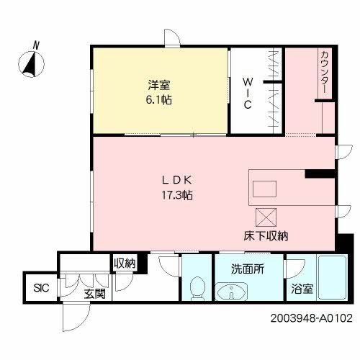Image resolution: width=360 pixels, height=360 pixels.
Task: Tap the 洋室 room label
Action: pyautogui.click(x=161, y=85)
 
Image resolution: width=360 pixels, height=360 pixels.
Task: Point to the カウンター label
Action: pyautogui.click(x=325, y=72)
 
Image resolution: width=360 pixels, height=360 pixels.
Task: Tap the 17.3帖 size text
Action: pyautogui.click(x=177, y=194)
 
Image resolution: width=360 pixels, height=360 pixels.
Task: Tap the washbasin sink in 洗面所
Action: pyautogui.click(x=230, y=292)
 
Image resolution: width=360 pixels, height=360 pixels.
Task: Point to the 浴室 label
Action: pyautogui.click(x=302, y=289)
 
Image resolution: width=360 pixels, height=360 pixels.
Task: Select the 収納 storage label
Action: pyautogui.click(x=124, y=264)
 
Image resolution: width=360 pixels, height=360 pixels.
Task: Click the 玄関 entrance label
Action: pyautogui.click(x=94, y=294)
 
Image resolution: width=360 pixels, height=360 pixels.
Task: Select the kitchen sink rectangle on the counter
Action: pyautogui.click(x=264, y=189)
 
